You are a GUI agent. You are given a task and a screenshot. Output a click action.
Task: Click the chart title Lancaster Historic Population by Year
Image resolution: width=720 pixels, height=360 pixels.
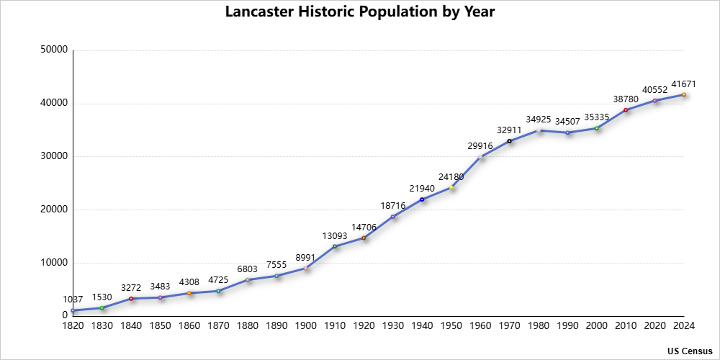[x=360, y=12]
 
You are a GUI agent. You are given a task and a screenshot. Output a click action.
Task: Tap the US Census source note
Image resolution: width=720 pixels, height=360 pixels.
[x=690, y=351]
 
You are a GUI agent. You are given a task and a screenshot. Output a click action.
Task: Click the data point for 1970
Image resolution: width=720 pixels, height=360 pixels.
[x=509, y=141]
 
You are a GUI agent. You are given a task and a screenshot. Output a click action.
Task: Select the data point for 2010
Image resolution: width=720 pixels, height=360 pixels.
[x=626, y=110]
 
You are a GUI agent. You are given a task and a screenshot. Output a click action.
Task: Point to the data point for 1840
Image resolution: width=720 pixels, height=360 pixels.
[x=131, y=299]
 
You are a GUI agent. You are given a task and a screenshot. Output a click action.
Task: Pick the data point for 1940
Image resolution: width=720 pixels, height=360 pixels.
[x=422, y=199]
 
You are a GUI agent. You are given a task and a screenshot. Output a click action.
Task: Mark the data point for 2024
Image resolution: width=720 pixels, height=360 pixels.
[x=684, y=94]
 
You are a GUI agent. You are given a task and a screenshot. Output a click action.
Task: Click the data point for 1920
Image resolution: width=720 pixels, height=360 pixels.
[x=364, y=238]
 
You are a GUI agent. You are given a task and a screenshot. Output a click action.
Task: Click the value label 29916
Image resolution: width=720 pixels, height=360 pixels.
[x=480, y=146]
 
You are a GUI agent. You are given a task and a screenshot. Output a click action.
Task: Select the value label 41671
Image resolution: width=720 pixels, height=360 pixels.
[x=684, y=84]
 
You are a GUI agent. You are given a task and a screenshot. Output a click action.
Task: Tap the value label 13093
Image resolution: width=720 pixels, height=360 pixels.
[x=335, y=236]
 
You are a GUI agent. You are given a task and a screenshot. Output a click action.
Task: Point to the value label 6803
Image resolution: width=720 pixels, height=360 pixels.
[x=248, y=269]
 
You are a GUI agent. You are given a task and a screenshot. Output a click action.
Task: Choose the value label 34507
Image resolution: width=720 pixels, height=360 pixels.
[x=567, y=122]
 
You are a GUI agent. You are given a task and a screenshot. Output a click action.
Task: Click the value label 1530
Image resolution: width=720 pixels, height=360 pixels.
[x=102, y=297]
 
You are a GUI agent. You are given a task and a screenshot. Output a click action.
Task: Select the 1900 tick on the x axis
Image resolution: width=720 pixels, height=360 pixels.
[x=306, y=326]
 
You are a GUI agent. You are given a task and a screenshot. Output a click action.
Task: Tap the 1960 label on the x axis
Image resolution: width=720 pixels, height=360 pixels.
[x=480, y=326]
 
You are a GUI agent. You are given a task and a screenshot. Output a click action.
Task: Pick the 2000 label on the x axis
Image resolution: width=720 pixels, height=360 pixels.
[x=597, y=326]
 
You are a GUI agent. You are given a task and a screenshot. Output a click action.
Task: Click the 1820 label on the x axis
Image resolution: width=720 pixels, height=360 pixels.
[x=73, y=326]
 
